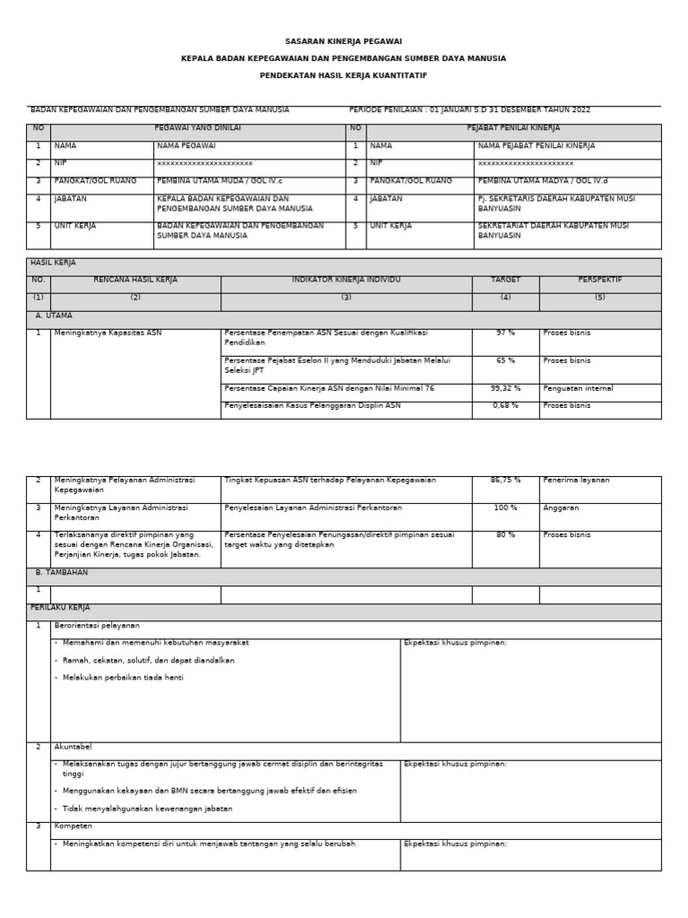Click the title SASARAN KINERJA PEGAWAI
343,41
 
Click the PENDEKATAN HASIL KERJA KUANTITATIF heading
343,75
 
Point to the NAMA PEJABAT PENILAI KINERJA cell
536,145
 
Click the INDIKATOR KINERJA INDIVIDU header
346,281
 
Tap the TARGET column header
504,281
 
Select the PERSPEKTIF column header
599,281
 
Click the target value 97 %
504,333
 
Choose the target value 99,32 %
504,389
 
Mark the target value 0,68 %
504,406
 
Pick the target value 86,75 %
505,481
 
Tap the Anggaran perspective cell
561,508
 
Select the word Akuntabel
73,747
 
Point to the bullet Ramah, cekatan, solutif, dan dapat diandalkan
149,661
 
